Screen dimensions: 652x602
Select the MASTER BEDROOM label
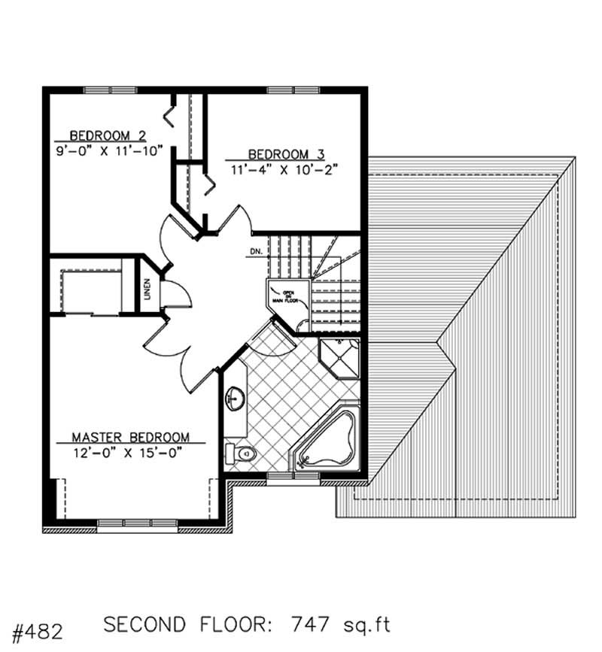130,437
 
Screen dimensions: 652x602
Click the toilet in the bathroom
240,453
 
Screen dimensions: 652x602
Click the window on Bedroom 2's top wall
105,90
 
